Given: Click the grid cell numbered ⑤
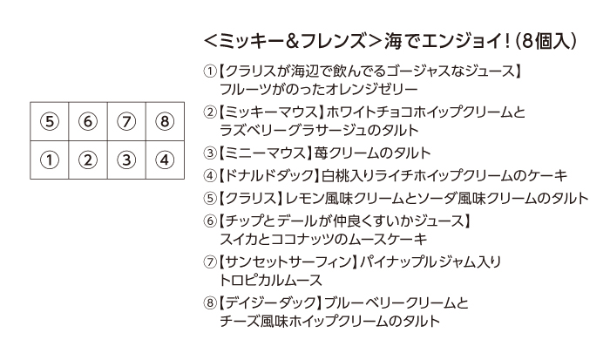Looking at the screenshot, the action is pyautogui.click(x=50, y=121).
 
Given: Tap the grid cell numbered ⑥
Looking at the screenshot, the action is pyautogui.click(x=88, y=121).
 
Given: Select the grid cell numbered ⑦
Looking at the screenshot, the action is pyautogui.click(x=126, y=121).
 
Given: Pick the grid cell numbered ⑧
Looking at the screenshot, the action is pyautogui.click(x=165, y=121).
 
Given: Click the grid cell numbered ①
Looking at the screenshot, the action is pyautogui.click(x=50, y=160).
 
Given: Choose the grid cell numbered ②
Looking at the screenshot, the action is pyautogui.click(x=88, y=160).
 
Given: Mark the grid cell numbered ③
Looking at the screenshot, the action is pyautogui.click(x=126, y=160).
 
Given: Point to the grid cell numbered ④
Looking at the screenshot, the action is pyautogui.click(x=165, y=160).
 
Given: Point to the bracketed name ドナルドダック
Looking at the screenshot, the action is pyautogui.click(x=268, y=175).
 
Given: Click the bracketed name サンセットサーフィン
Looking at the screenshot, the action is pyautogui.click(x=287, y=262).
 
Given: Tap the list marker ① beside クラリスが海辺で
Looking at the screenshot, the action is pyautogui.click(x=210, y=71).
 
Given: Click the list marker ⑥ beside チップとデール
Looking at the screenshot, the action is pyautogui.click(x=210, y=221).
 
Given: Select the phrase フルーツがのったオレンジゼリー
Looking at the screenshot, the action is pyautogui.click(x=319, y=90).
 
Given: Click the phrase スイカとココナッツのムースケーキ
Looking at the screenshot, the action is pyautogui.click(x=323, y=239).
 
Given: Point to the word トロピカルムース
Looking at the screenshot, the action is pyautogui.click(x=271, y=280).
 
